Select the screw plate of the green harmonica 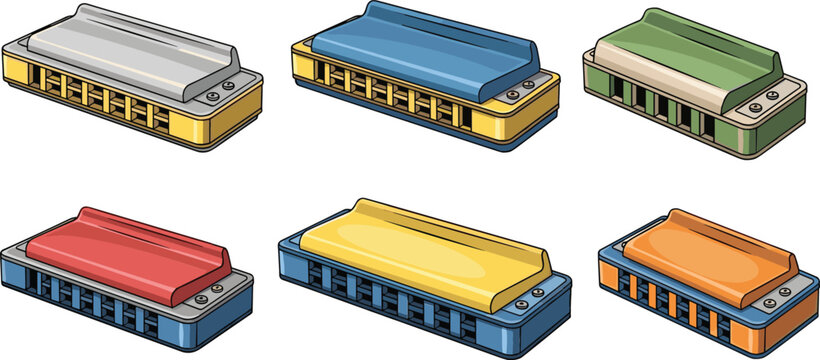(765, 98)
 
